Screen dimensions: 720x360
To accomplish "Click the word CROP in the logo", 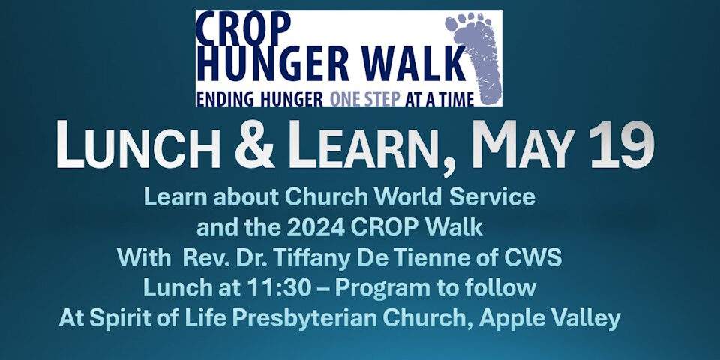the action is [x=243, y=28].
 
